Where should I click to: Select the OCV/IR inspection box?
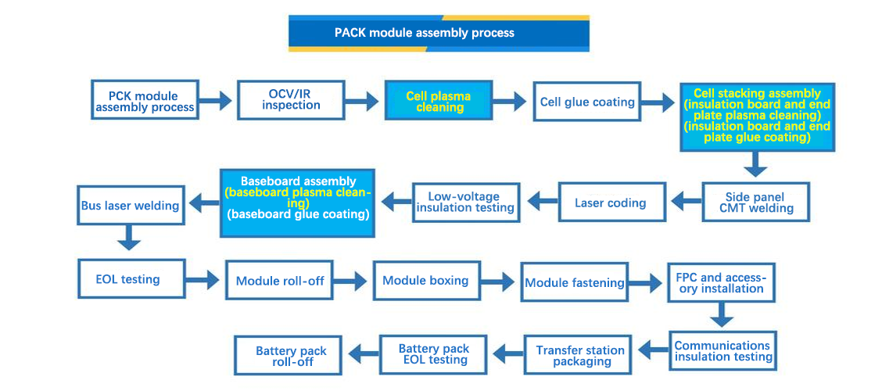(x=291, y=99)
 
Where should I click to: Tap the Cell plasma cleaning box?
(x=439, y=102)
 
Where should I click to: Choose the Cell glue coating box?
(x=587, y=102)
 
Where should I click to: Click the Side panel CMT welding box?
(x=756, y=203)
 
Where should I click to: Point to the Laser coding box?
(x=611, y=203)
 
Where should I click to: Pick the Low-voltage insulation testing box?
(x=465, y=203)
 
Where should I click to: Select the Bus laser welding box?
(x=130, y=206)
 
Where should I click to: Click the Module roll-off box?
(x=281, y=281)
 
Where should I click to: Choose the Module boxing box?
(x=426, y=280)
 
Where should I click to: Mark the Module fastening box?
(x=575, y=282)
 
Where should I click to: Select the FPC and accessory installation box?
(x=721, y=282)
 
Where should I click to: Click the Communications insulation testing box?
(x=723, y=351)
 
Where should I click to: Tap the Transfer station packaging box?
(x=581, y=355)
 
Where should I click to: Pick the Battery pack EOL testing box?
(x=434, y=354)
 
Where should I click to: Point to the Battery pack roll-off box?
(x=291, y=357)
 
